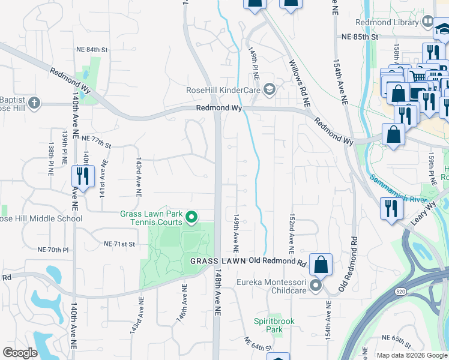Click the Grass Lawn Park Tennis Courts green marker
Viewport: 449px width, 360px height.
coord(191,217)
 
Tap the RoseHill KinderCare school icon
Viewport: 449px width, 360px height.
coord(270,90)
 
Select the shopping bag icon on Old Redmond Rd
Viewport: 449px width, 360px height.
coord(321,265)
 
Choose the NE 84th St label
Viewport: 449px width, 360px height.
coord(92,49)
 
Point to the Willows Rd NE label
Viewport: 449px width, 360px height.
coord(299,83)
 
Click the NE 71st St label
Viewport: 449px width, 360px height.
coord(121,244)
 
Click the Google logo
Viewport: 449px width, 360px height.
coord(20,353)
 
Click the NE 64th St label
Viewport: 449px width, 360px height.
coord(258,344)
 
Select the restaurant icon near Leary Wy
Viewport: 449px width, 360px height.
coord(391,209)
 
